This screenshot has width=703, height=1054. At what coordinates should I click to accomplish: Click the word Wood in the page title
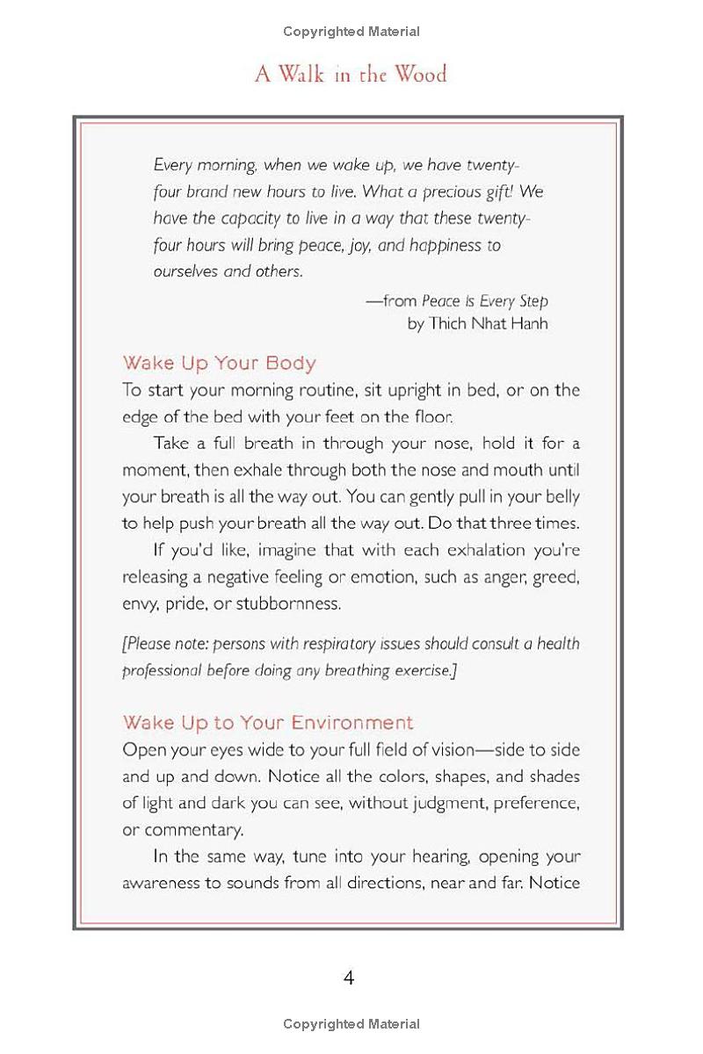420,74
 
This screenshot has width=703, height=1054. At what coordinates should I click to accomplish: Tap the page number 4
349,978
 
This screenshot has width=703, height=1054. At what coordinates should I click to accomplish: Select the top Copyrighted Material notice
351,32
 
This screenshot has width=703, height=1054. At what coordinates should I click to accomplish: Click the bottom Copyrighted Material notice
351,1024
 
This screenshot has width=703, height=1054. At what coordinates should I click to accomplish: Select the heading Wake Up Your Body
219,363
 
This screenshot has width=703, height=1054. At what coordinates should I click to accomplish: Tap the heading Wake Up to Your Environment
267,723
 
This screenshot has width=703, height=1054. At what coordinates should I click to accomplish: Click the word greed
558,577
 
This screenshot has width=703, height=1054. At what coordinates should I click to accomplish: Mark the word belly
562,496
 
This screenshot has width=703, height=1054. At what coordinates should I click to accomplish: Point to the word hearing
396,856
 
